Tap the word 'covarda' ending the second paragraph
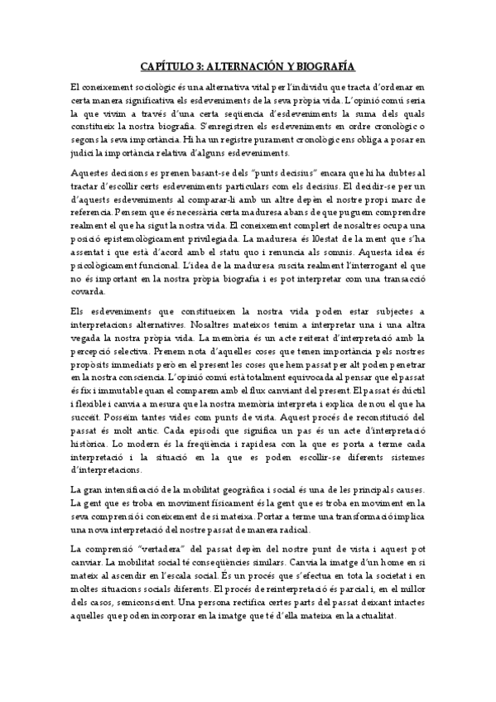click(x=89, y=293)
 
